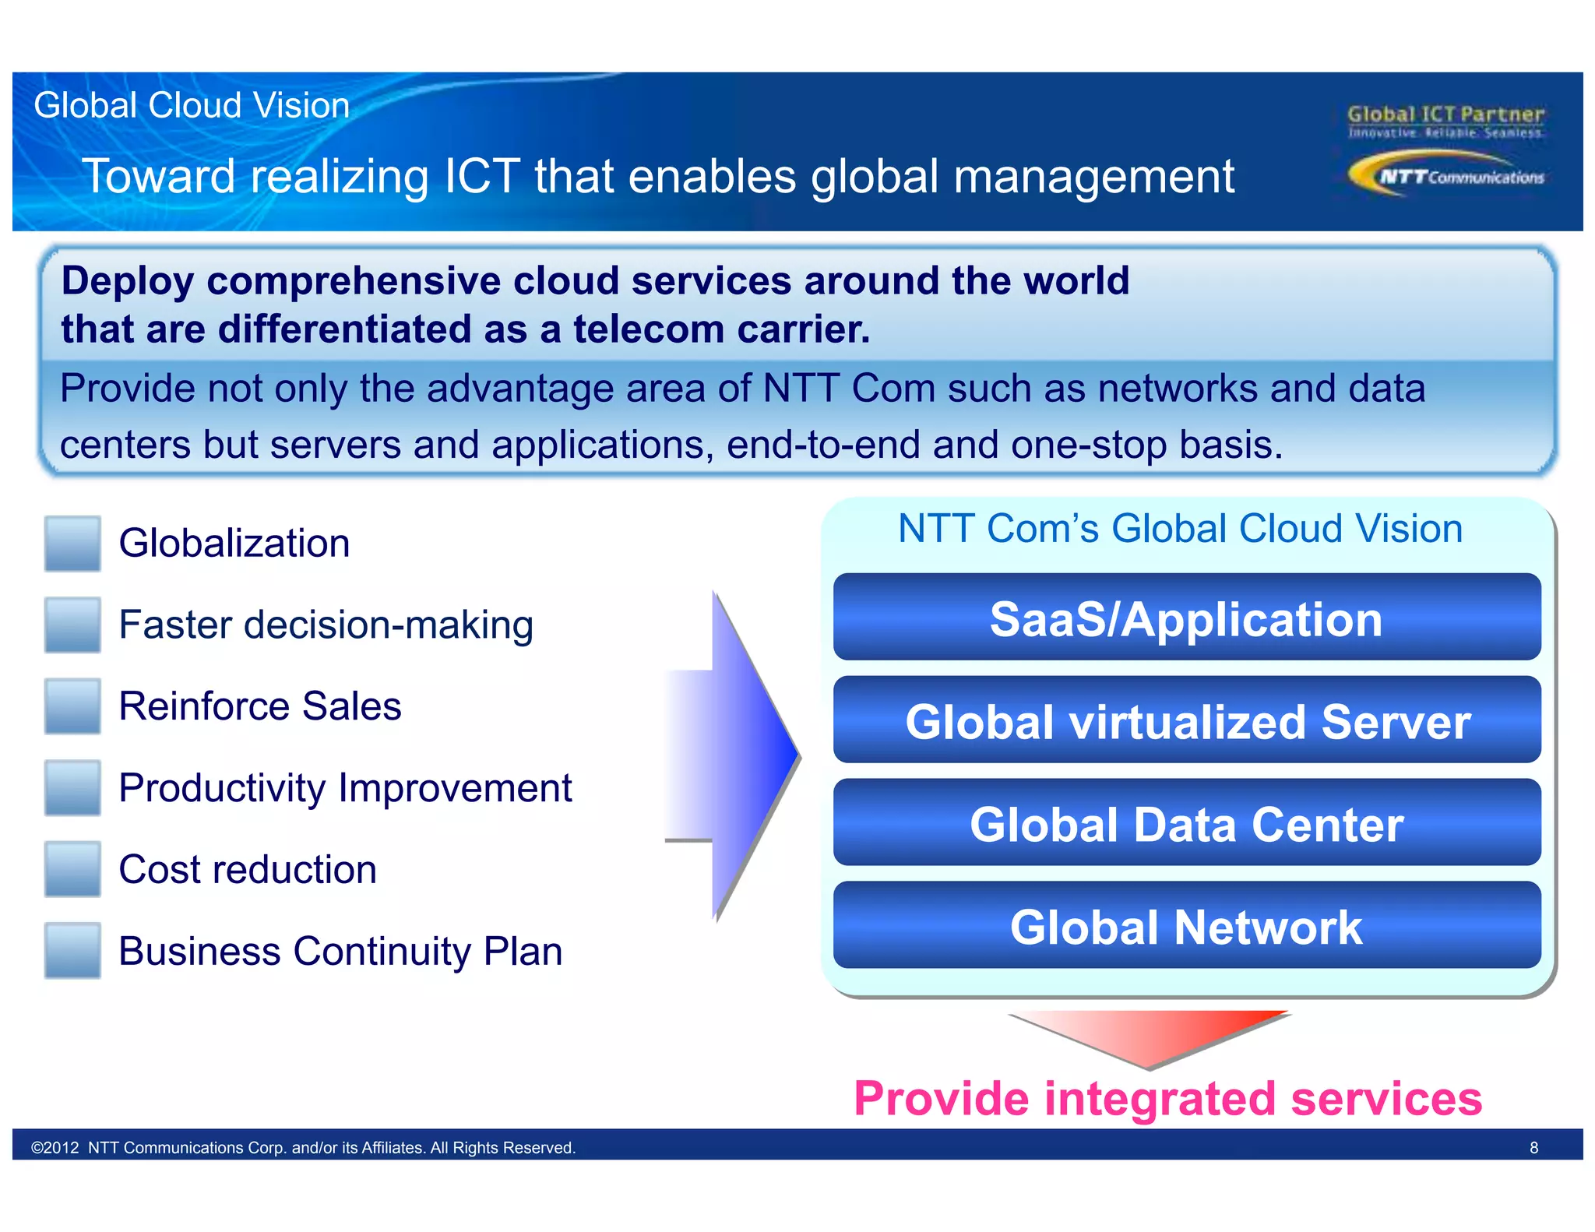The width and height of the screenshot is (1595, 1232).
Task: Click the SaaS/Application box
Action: tap(1186, 618)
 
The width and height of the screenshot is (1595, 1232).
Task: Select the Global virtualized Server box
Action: tap(1186, 720)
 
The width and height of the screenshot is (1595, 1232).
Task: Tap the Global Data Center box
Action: tap(1186, 823)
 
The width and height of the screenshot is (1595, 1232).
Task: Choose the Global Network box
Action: tap(1186, 926)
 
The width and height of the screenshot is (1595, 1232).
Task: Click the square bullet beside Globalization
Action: tap(72, 544)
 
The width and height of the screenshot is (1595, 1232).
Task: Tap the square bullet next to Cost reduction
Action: tap(72, 869)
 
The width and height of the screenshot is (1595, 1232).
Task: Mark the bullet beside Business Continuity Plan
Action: tap(72, 950)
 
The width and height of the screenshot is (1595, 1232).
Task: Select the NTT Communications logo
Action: tap(1446, 175)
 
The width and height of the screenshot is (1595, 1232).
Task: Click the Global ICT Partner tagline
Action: tap(1445, 121)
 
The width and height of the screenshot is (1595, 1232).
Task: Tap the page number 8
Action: tap(1533, 1147)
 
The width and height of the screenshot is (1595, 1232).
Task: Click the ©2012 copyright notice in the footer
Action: tap(303, 1147)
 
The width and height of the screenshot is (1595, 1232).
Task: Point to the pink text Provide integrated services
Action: tap(1167, 1098)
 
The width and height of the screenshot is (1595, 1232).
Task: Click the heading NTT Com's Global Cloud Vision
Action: tap(1180, 529)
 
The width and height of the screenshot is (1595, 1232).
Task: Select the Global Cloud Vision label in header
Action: tap(192, 105)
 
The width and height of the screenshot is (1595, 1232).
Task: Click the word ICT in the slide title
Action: tap(481, 176)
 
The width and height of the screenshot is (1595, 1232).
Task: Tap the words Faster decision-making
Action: tap(326, 625)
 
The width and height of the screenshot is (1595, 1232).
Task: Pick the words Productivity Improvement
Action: tap(345, 788)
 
